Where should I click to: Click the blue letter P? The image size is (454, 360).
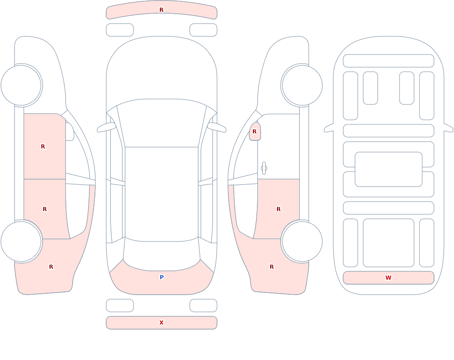point(162,277)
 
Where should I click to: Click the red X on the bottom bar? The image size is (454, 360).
point(162,323)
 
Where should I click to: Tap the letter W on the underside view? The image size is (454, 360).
point(388,278)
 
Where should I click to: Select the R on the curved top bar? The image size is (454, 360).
point(162,10)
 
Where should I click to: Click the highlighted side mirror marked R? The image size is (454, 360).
point(255,132)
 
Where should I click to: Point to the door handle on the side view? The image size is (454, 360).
point(264,168)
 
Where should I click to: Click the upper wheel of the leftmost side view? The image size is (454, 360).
point(21,85)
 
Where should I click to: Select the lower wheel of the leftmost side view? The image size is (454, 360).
point(21,242)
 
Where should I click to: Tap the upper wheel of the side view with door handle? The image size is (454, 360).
point(302,85)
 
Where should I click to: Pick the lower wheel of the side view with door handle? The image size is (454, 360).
point(302,242)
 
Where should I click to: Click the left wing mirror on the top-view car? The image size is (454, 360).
point(106,128)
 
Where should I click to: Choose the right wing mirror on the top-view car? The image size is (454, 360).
point(217,128)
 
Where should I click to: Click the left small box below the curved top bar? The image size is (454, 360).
point(120,30)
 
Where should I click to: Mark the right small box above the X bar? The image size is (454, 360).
point(203,306)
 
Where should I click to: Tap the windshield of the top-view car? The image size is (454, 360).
point(162,123)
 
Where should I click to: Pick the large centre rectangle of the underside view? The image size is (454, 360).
point(389,169)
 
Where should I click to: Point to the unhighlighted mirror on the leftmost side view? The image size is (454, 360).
point(70,132)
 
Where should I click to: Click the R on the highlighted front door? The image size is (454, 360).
point(43,147)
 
